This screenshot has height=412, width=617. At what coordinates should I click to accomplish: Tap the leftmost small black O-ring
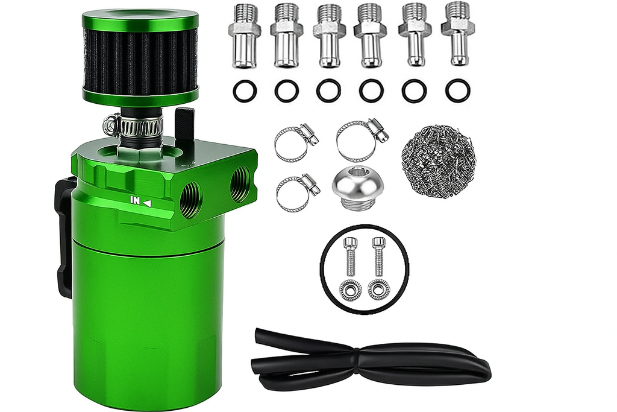pos(245,91)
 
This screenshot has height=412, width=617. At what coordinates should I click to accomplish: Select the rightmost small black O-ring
pos(457,90)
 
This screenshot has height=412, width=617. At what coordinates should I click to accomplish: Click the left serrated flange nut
pos(350,290)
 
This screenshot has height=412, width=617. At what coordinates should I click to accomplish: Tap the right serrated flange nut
pos(379,290)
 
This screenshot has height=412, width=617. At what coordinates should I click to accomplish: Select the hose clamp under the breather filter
pos(134,125)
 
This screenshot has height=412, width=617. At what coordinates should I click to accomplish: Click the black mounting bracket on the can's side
pos(64,235)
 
